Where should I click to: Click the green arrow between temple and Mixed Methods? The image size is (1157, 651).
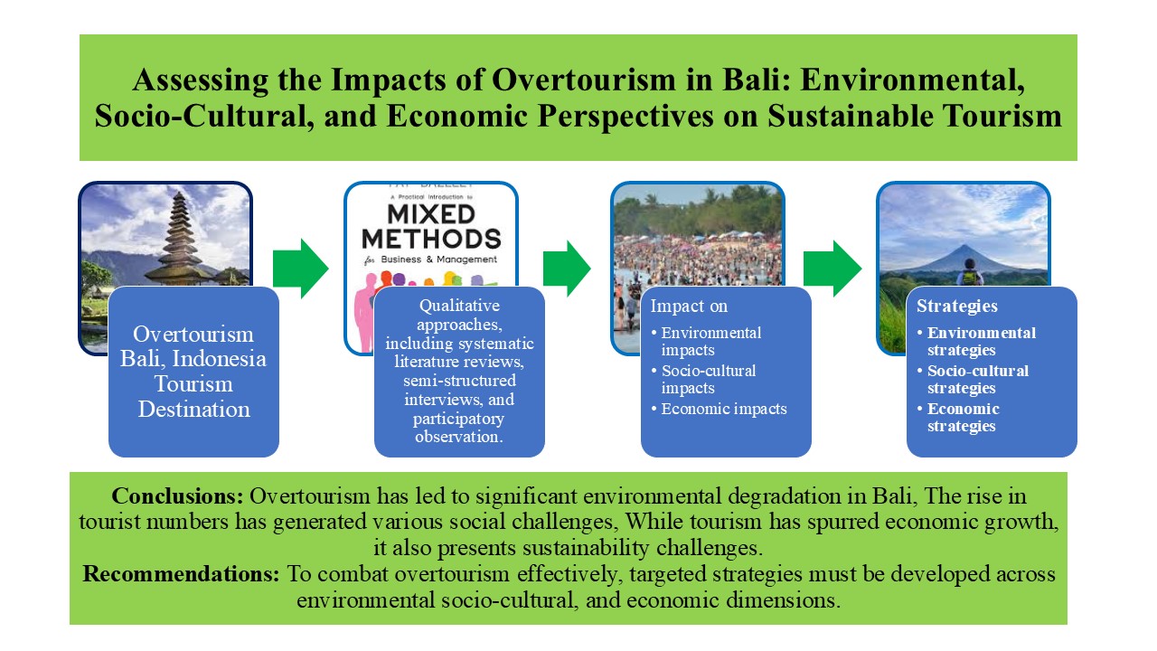[300, 268]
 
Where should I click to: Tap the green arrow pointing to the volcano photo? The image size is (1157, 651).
[832, 268]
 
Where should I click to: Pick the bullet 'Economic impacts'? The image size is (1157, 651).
[723, 409]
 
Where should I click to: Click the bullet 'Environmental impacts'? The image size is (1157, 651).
[710, 341]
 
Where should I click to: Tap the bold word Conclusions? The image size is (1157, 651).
[178, 497]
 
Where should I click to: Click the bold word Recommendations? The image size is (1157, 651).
[183, 575]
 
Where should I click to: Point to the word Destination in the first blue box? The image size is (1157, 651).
[193, 409]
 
